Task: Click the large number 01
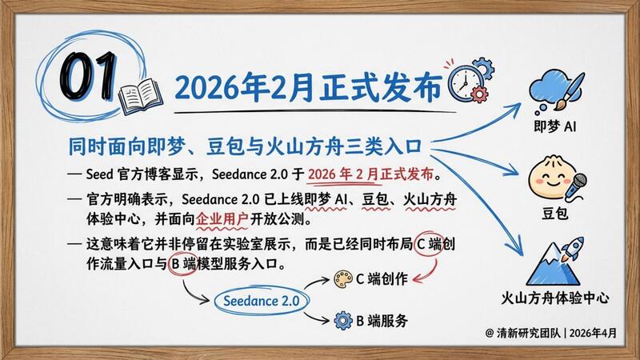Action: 88,76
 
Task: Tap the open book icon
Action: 140,96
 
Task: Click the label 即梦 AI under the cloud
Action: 555,126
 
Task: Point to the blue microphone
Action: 576,186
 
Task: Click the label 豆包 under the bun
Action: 554,213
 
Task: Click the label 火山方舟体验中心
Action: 554,298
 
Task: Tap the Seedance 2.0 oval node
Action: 262,301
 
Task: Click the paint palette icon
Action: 343,279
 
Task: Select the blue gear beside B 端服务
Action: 343,321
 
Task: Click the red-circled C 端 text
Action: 429,244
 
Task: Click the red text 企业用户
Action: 222,219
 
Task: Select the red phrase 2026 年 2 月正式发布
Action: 370,174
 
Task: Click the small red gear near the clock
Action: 478,94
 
